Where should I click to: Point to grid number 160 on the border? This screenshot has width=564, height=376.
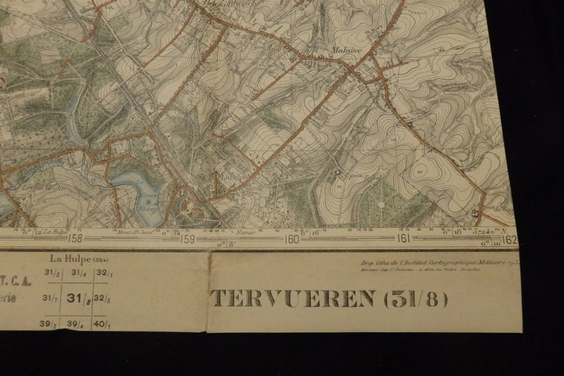291,240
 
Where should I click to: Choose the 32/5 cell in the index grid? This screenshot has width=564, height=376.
103,298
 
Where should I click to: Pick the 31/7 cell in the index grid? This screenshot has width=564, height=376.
49,298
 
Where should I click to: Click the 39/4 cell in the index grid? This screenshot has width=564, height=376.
76,323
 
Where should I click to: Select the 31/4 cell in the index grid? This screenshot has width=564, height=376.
76,273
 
